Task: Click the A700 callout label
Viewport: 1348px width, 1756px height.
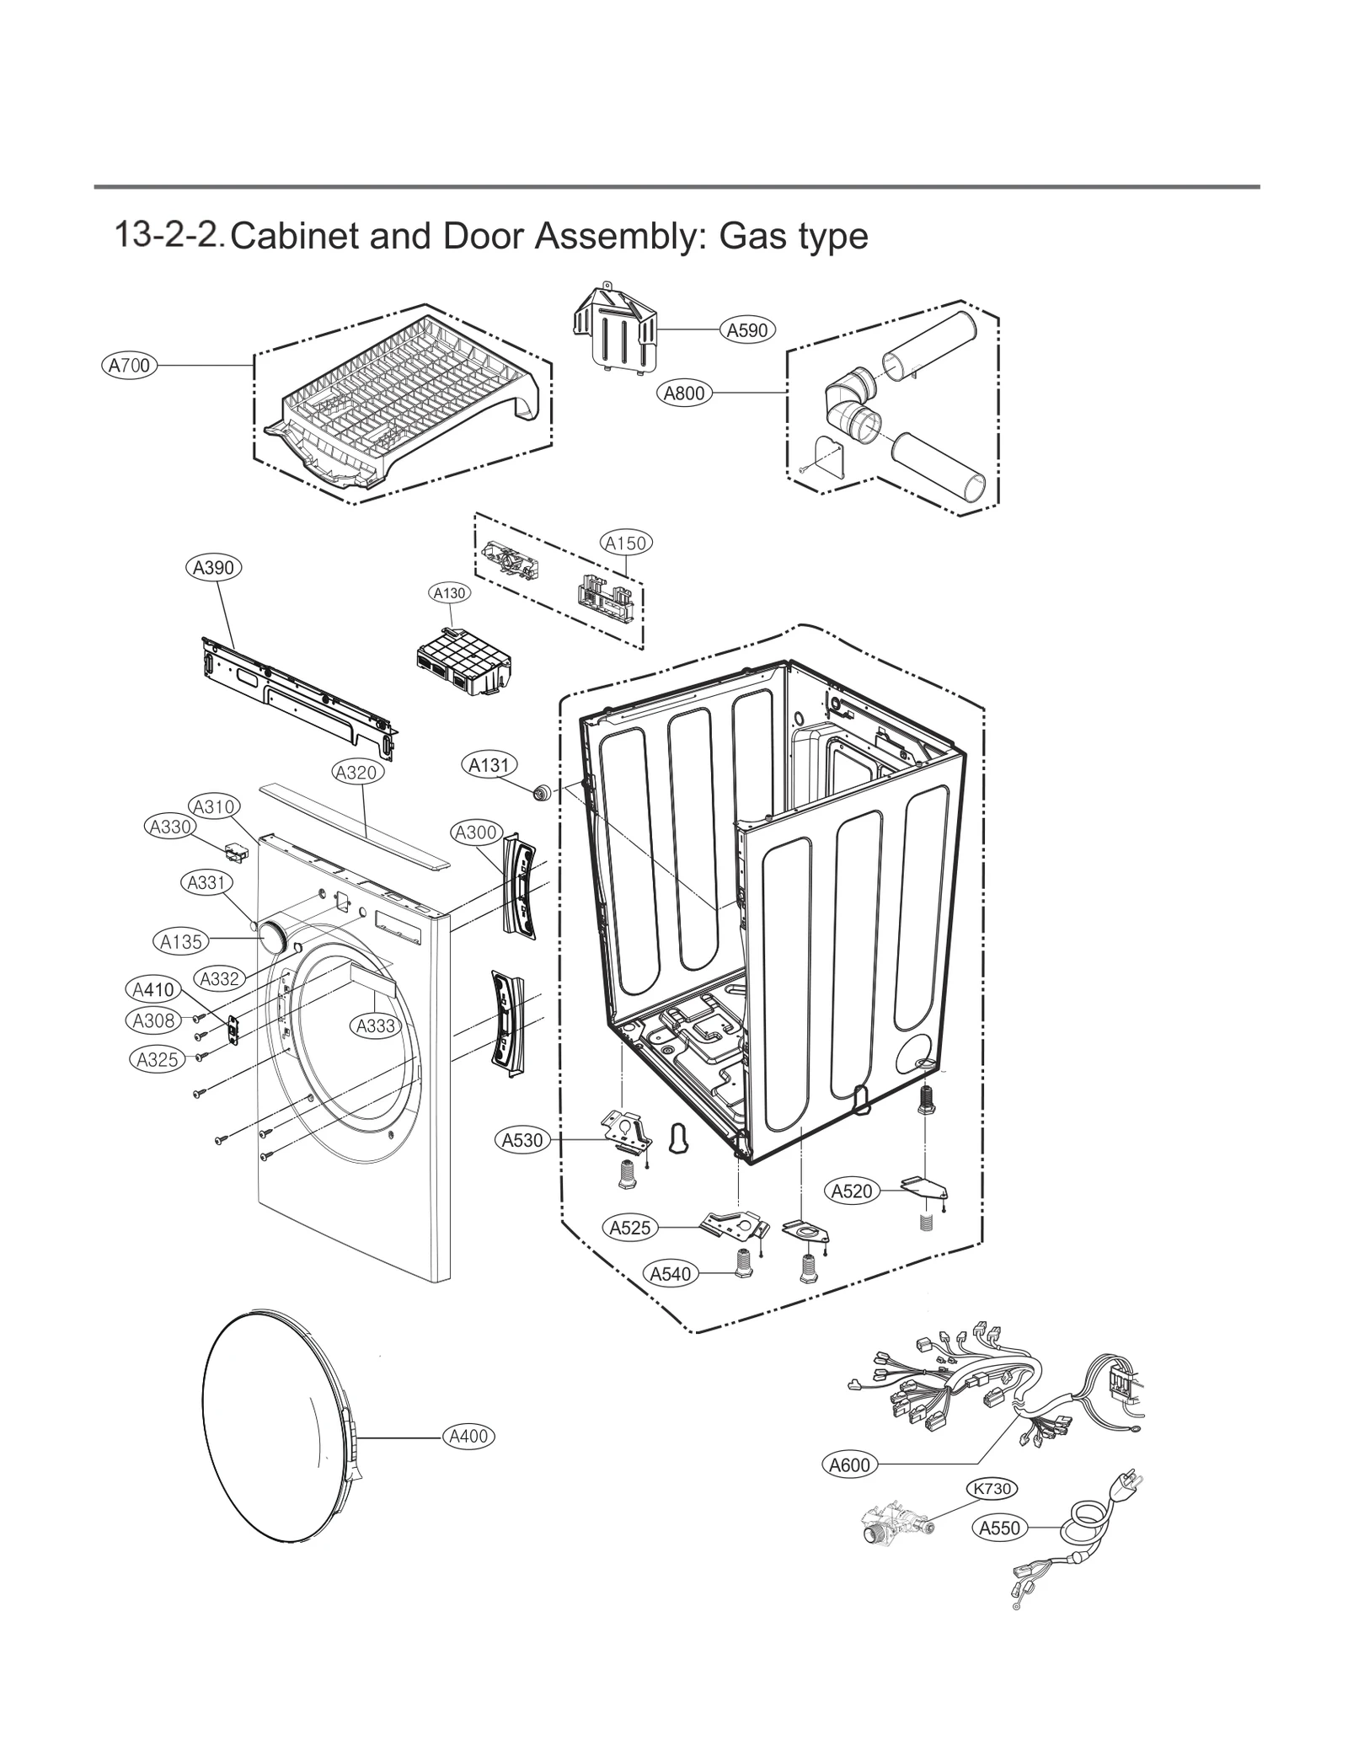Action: pos(129,365)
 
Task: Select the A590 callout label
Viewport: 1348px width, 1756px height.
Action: pos(747,329)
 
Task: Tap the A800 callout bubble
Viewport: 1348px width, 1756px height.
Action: pos(684,393)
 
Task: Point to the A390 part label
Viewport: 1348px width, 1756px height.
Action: pos(213,567)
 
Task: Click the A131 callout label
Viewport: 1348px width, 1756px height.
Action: pos(489,765)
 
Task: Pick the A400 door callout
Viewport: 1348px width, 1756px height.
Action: pos(468,1437)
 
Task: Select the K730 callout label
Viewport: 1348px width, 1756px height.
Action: pos(991,1489)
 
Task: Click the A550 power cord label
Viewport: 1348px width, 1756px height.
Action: pos(1000,1528)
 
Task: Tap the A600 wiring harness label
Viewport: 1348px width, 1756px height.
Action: pos(849,1465)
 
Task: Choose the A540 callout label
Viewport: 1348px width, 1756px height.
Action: pos(671,1273)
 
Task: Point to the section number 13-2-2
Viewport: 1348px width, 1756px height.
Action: pos(168,235)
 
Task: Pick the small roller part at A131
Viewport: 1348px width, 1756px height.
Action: pos(540,792)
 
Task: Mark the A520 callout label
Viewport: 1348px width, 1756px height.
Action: pos(852,1191)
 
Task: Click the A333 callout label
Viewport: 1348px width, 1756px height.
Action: pos(376,1025)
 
